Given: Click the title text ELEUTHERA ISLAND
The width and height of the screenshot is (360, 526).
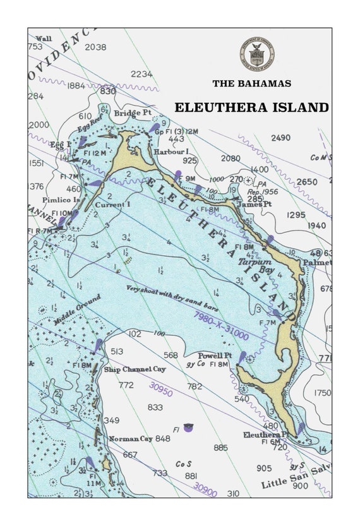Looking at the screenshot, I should (x=251, y=107).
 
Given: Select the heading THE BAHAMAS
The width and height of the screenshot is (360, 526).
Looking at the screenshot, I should (x=251, y=83).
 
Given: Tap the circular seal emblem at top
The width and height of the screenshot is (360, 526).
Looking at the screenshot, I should (x=257, y=54).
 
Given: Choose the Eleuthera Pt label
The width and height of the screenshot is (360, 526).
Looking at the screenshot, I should (x=266, y=434).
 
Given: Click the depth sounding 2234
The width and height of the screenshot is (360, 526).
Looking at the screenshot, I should (x=141, y=74).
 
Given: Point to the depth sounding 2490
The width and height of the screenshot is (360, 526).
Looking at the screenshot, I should (x=280, y=138).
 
